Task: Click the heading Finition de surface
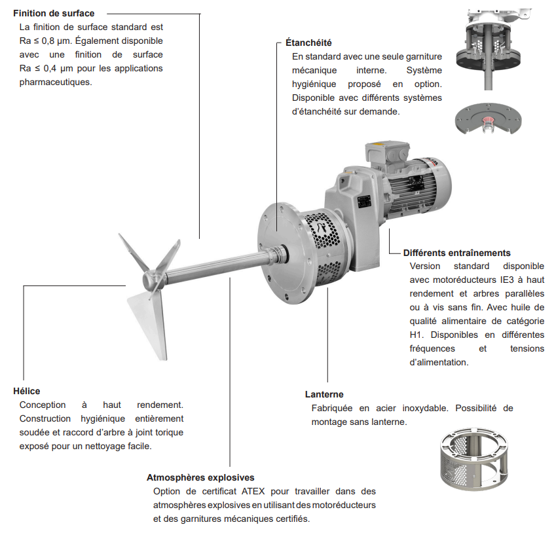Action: click(x=54, y=14)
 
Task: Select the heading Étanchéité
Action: click(x=308, y=43)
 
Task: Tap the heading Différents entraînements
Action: click(x=456, y=253)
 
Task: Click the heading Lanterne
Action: click(x=324, y=394)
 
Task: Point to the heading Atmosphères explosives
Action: click(x=200, y=478)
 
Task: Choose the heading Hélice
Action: click(x=27, y=391)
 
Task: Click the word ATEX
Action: click(x=253, y=492)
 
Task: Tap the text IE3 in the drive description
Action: click(x=507, y=280)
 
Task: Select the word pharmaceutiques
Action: click(x=56, y=83)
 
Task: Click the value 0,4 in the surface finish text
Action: click(x=50, y=69)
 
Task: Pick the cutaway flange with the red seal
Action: click(x=489, y=119)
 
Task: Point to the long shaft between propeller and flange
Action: click(x=213, y=264)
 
